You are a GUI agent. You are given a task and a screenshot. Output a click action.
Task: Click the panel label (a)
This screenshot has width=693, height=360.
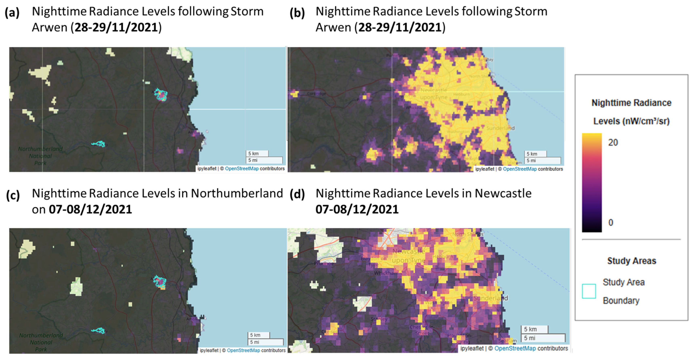coord(12,13)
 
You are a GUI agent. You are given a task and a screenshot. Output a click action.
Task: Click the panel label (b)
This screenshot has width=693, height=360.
coord(297,13)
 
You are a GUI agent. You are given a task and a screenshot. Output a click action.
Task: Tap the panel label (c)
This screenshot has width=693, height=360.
coord(13,195)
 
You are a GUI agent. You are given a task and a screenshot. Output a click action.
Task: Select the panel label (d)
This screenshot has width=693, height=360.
coord(297,194)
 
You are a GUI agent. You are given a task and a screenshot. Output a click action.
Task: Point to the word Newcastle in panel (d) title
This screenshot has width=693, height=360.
coord(503,193)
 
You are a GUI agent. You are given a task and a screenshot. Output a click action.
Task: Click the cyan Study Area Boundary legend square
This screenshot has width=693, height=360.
coord(589,291)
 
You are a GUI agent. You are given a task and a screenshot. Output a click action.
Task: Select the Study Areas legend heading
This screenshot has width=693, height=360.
coord(631,261)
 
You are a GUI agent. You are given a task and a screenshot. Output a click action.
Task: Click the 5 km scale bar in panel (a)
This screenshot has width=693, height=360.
coord(257,154)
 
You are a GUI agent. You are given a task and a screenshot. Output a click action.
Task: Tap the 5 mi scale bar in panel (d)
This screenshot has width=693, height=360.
coord(543,338)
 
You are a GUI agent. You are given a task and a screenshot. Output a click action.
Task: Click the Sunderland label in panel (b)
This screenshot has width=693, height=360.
coord(500,128)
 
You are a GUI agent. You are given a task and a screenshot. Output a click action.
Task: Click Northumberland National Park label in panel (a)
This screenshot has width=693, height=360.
coord(40,156)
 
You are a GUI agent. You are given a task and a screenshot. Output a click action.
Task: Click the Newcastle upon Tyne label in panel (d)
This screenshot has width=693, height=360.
coord(409,256)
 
